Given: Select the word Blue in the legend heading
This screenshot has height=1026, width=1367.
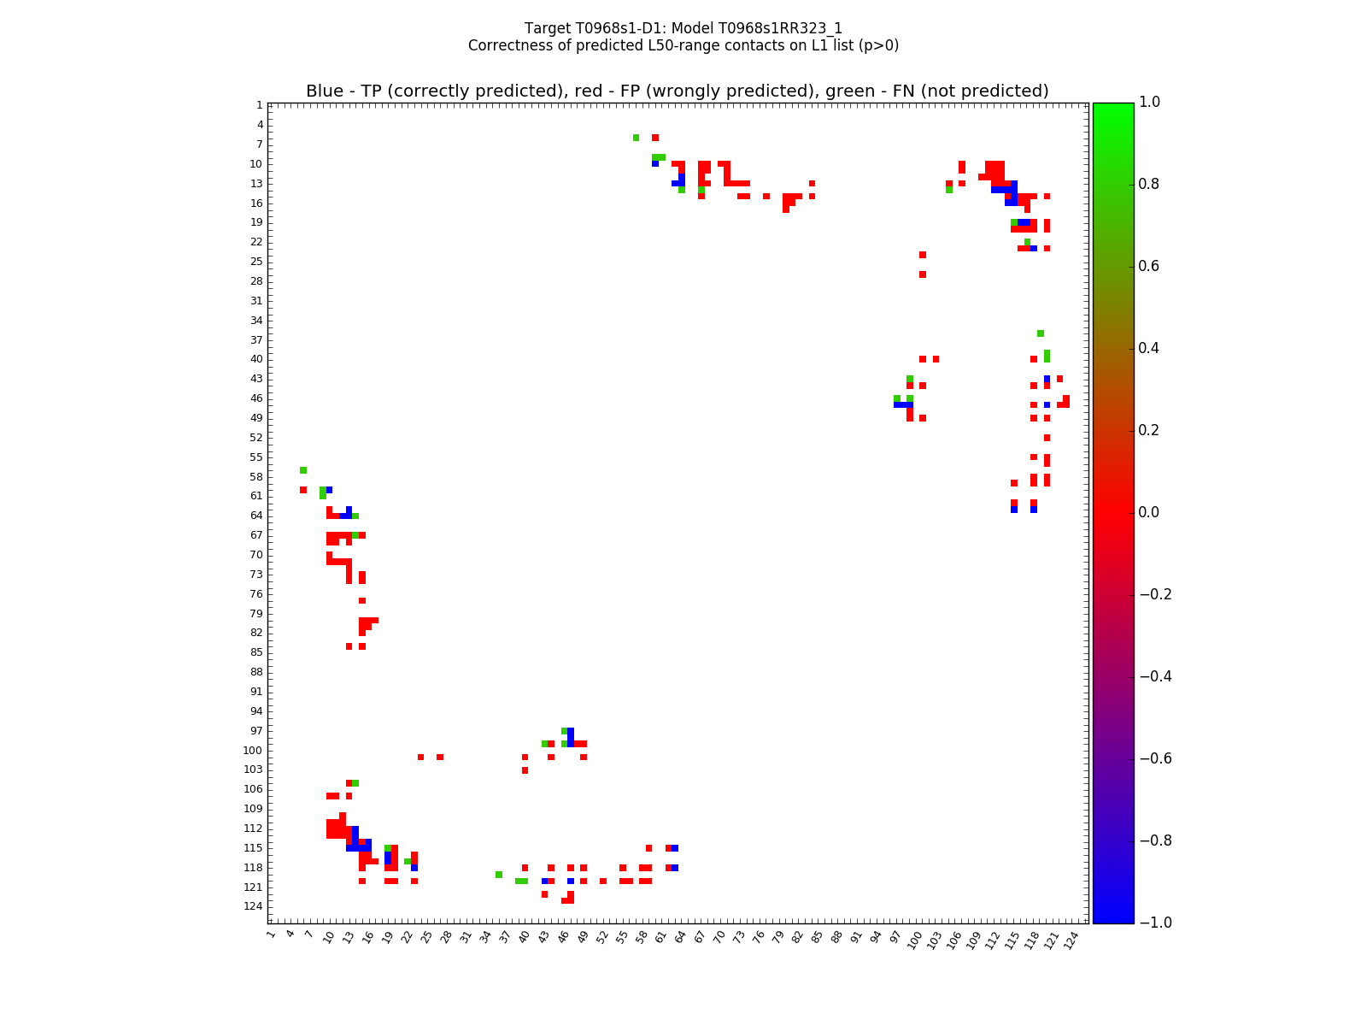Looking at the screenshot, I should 325,91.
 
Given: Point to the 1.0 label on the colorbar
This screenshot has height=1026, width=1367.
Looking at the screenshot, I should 1149,103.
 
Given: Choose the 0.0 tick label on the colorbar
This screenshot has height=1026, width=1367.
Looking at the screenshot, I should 1149,512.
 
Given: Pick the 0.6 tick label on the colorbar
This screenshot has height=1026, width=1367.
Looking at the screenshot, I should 1149,266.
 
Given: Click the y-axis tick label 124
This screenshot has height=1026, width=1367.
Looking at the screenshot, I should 254,906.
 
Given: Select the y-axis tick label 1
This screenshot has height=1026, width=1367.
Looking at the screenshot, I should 259,105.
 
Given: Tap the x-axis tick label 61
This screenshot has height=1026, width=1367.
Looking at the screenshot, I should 660,938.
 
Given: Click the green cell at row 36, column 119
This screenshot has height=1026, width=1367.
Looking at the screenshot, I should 1040,333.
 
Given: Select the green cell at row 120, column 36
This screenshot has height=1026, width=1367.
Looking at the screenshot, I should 499,875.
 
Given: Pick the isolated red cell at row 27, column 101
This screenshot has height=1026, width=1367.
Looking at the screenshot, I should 923,274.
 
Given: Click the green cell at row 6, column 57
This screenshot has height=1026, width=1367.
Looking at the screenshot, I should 636,138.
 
